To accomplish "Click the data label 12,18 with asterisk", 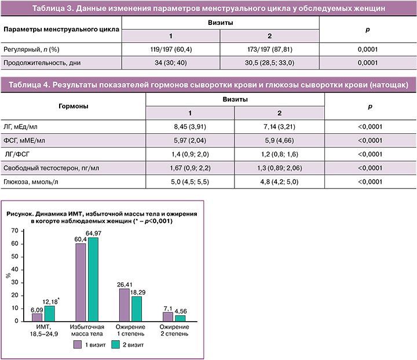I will (53, 300).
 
